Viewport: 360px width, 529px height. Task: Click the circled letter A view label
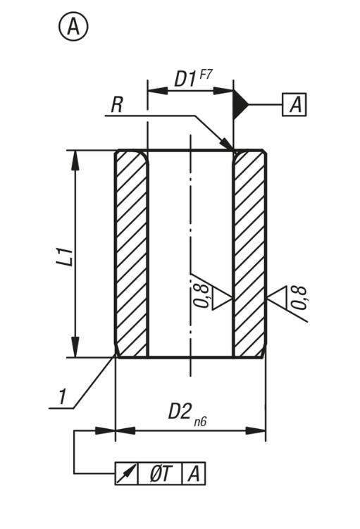click(x=73, y=27)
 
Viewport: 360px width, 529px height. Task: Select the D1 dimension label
click(x=184, y=79)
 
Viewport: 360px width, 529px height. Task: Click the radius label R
click(x=117, y=105)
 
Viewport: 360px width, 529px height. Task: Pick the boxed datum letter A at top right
click(x=295, y=105)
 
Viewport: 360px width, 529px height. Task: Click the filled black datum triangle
click(x=241, y=105)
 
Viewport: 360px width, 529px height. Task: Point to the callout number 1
click(x=63, y=397)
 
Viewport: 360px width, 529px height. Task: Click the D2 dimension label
click(x=180, y=411)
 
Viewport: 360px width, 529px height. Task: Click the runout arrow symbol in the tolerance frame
click(x=126, y=474)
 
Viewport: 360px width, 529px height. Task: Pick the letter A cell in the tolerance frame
click(x=193, y=474)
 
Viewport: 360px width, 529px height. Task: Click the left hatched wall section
click(x=132, y=254)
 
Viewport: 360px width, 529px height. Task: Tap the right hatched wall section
click(x=249, y=254)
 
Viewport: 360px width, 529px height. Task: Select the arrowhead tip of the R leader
click(x=232, y=149)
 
